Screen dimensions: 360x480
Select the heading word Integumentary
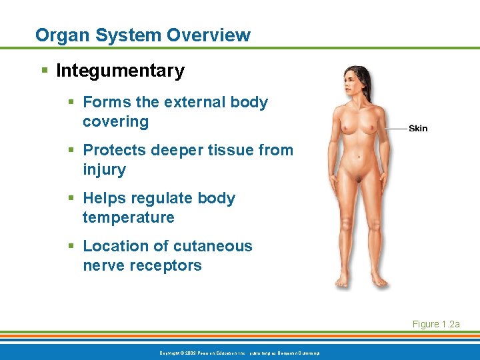tap(120, 71)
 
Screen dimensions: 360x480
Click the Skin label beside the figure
tap(418, 128)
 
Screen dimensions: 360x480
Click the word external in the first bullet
tap(194, 102)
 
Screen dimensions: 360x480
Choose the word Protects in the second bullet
tap(114, 150)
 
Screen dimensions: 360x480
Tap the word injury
tap(104, 169)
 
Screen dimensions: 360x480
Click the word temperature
tap(128, 217)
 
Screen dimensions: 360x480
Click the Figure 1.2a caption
tap(436, 324)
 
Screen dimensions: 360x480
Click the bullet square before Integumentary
tap(45, 71)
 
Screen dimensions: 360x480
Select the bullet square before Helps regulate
tap(72, 199)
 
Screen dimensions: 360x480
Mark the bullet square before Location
tap(72, 247)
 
